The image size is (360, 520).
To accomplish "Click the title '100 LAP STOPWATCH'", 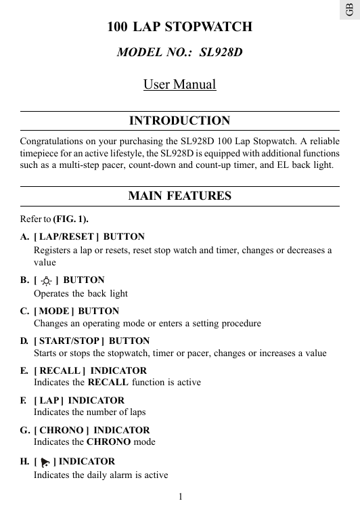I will (x=179, y=28).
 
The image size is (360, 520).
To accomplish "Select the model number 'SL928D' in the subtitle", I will (x=221, y=52).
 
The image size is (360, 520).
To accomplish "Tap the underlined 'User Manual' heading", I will (x=179, y=85).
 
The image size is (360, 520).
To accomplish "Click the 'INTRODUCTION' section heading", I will (x=179, y=121).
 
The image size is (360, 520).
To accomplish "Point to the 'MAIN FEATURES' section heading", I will (x=179, y=196).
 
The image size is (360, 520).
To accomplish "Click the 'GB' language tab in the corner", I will (x=348, y=9).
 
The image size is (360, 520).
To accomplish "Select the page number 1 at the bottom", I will (x=180, y=497).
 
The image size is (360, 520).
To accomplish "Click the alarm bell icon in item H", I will (x=45, y=463).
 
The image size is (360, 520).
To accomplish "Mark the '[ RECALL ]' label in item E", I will (x=60, y=371).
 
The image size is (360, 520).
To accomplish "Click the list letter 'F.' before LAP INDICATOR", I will (x=24, y=401).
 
